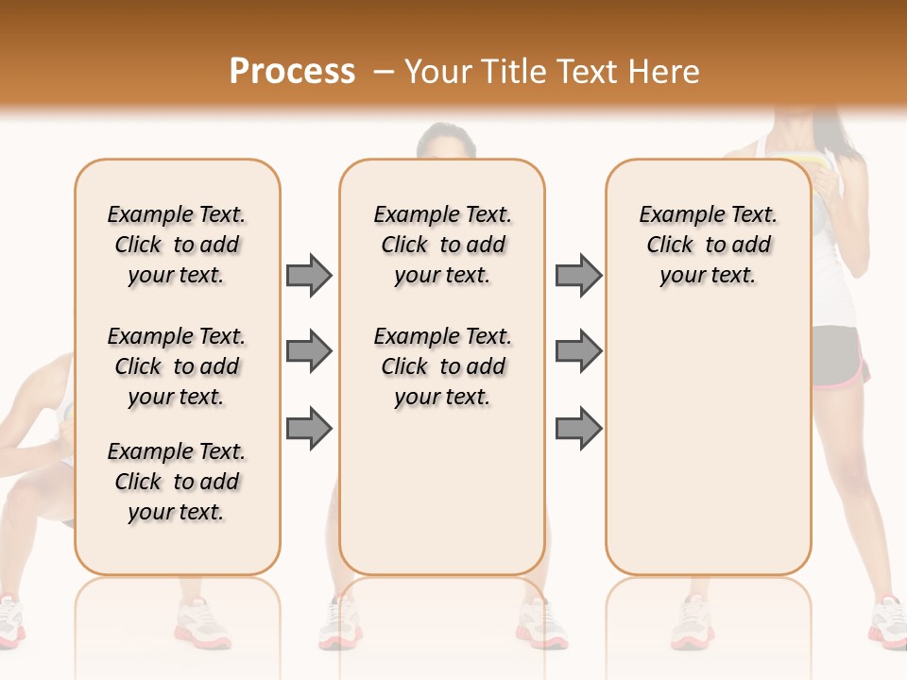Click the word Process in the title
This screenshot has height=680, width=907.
(x=292, y=71)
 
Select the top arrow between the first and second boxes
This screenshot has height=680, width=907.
(x=309, y=275)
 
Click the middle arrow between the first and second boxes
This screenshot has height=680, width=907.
(x=309, y=351)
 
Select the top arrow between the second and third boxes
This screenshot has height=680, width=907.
(x=578, y=275)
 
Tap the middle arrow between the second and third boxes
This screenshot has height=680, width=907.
(x=578, y=351)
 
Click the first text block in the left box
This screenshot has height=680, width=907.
(x=177, y=245)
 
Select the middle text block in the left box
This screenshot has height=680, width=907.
(x=177, y=366)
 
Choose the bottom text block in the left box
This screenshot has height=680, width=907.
(x=177, y=482)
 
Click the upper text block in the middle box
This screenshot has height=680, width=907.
(x=442, y=245)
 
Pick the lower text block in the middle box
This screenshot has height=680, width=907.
(x=442, y=366)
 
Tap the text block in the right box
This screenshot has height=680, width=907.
(x=708, y=245)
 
